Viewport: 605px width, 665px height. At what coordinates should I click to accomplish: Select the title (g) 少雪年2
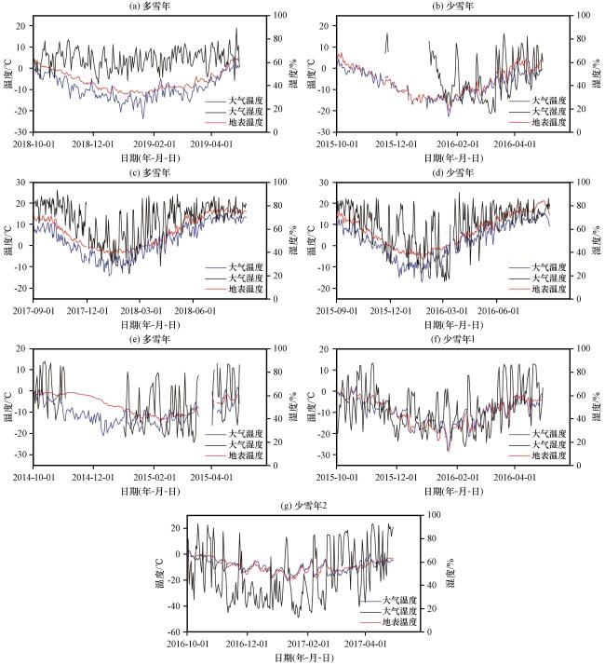(303, 505)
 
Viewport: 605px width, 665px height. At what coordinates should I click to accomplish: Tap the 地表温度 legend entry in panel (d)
(550, 289)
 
